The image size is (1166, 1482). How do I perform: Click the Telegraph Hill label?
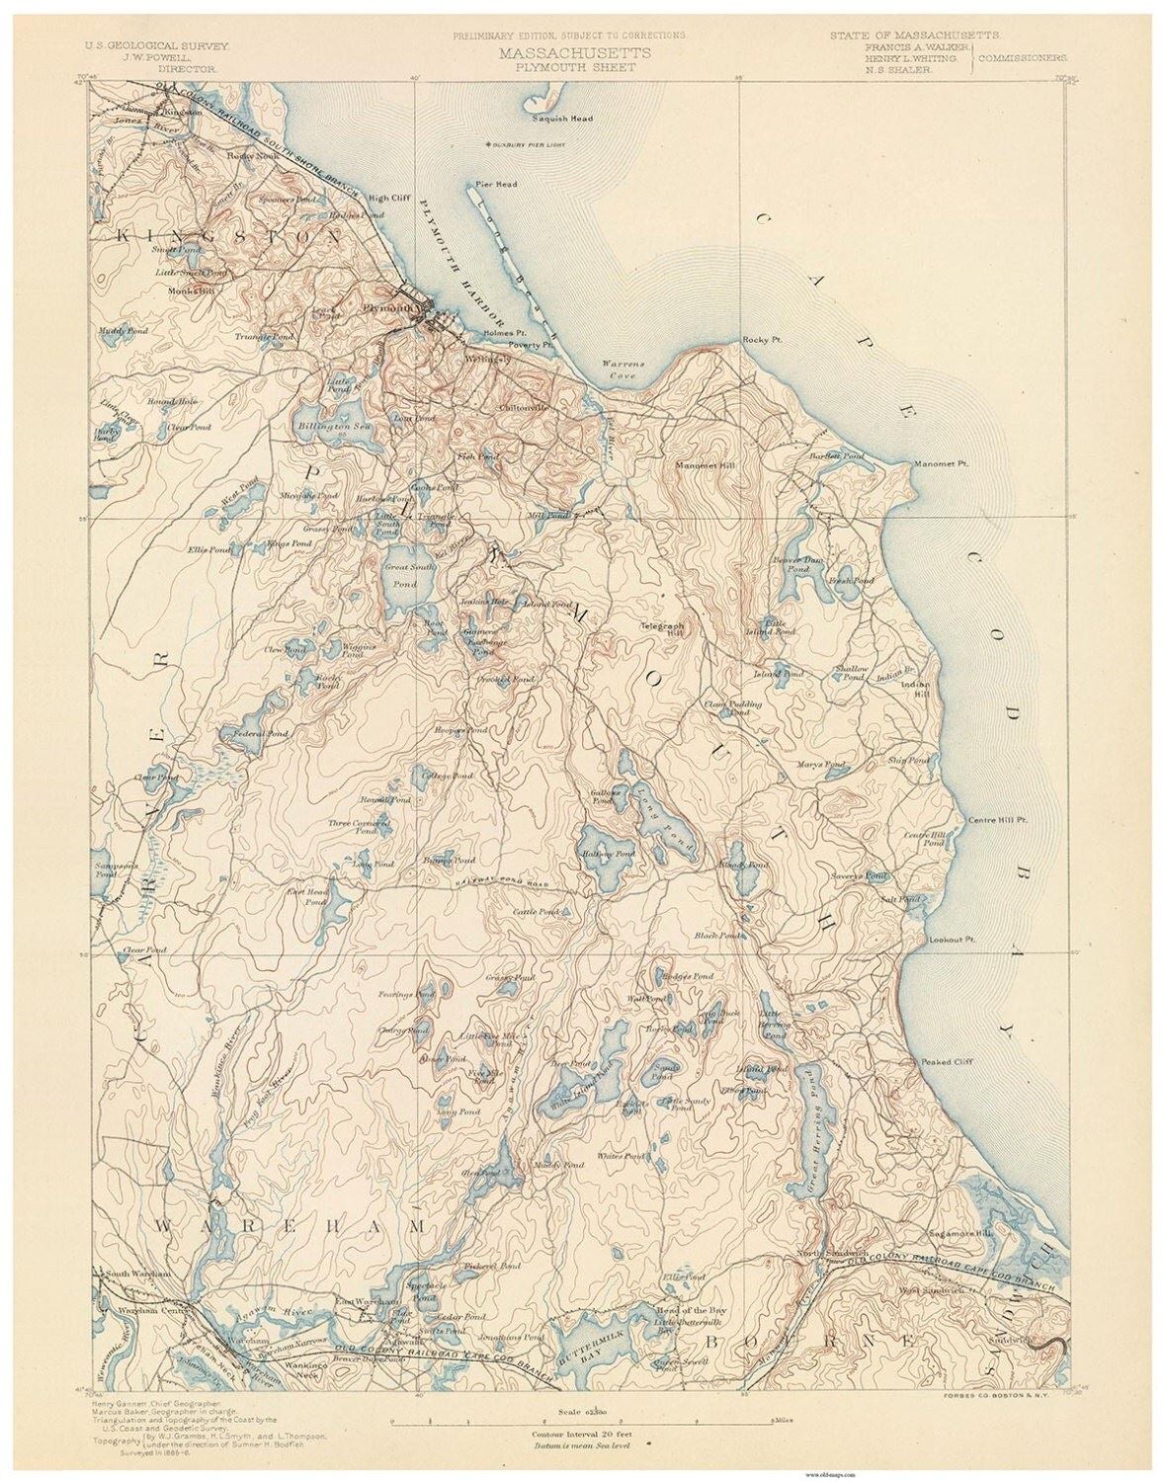(x=666, y=627)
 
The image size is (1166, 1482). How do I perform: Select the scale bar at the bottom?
(x=583, y=1424)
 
